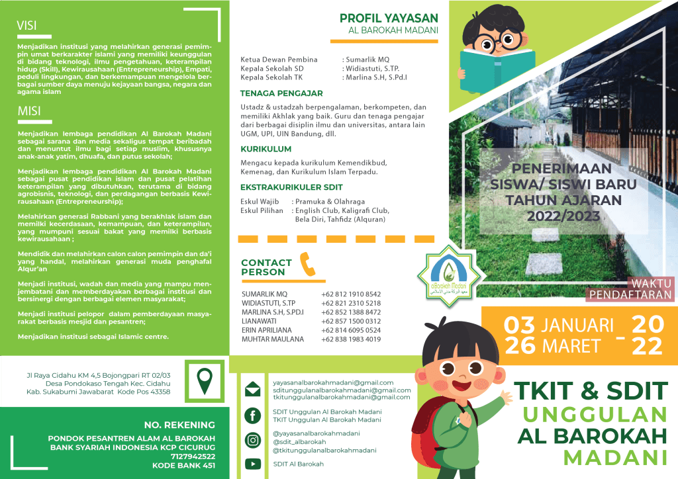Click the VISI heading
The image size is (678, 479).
point(27,26)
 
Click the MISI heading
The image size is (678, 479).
point(28,112)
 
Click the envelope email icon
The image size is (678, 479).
point(252,390)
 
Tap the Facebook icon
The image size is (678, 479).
point(252,415)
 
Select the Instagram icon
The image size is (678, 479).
point(252,440)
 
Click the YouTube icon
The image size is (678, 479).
point(252,464)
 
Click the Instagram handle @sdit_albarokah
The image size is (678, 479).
point(299,442)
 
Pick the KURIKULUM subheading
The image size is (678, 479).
point(266,150)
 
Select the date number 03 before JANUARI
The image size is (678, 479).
point(520,325)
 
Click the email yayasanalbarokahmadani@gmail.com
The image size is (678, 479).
point(333,382)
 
